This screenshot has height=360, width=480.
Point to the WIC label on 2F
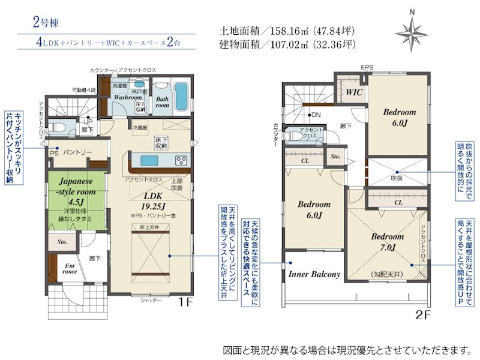(352, 93)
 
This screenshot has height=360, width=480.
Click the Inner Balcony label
(314, 275)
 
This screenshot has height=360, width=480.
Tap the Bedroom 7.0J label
(387, 241)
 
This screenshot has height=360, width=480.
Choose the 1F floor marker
(186, 302)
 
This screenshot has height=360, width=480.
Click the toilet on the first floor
(58, 128)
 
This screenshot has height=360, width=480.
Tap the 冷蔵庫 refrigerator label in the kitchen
(139, 127)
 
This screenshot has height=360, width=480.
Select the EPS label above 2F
(366, 67)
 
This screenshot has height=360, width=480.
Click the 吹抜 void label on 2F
(397, 178)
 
